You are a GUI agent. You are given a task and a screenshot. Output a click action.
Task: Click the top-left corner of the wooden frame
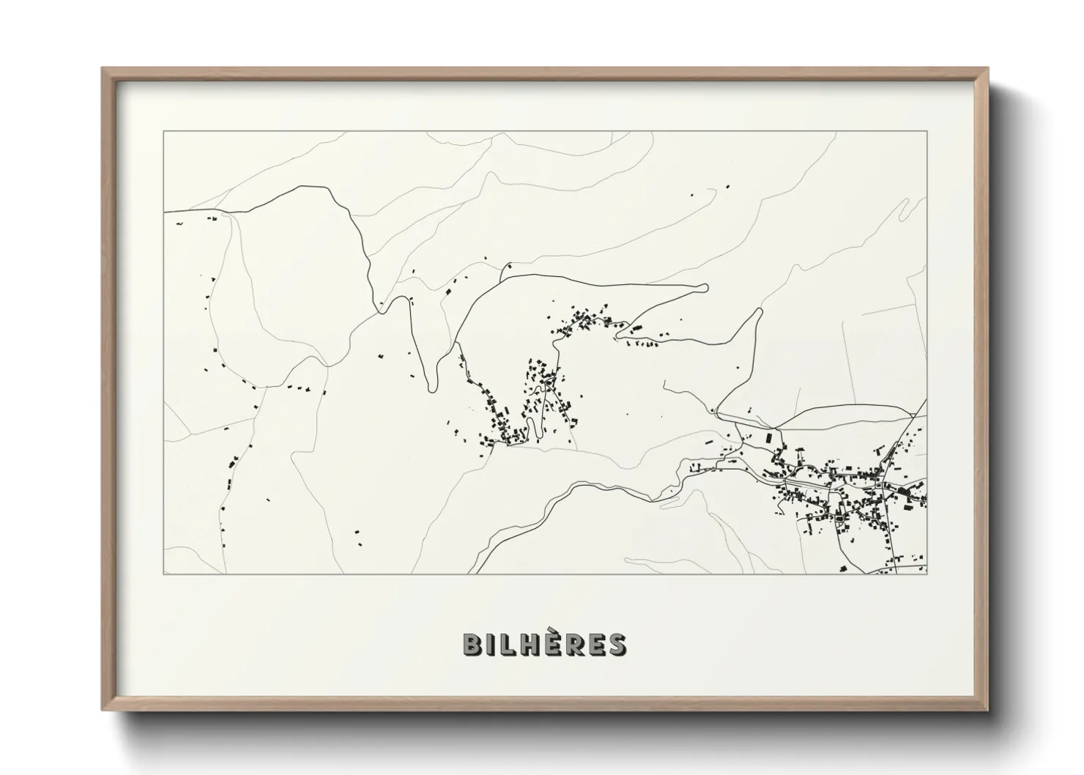(x=103, y=69)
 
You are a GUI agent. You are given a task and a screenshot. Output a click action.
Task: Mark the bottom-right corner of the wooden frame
(x=987, y=710)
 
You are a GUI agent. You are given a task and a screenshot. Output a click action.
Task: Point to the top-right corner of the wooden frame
(x=987, y=69)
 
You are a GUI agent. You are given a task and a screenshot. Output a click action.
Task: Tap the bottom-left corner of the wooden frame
(x=103, y=710)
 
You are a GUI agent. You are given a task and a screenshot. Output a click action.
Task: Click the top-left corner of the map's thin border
(x=164, y=132)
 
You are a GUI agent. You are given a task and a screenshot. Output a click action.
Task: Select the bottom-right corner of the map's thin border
(x=927, y=574)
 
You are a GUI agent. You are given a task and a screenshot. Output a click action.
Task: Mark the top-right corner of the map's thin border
(x=927, y=132)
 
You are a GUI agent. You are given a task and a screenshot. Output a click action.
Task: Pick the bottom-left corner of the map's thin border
(x=164, y=574)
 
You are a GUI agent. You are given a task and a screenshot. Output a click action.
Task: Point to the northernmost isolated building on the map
(x=727, y=187)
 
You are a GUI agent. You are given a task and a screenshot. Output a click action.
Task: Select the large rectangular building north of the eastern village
(x=769, y=437)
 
